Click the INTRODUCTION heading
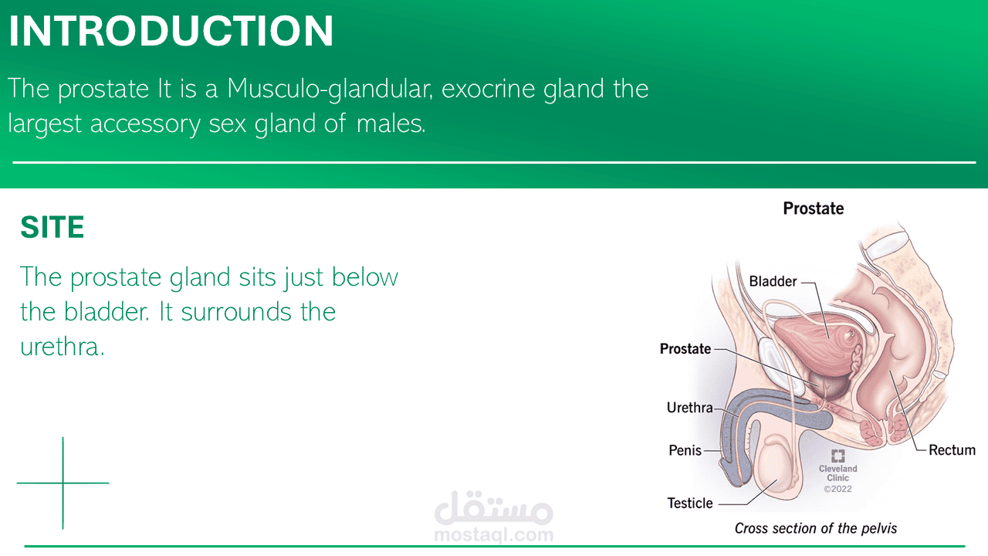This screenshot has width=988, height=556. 171,31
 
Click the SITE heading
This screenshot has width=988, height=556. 52,227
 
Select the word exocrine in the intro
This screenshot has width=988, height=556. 488,89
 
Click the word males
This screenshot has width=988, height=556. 391,124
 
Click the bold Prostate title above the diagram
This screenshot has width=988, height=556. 814,208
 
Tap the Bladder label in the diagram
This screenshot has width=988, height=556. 773,281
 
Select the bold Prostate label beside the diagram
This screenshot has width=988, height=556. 685,348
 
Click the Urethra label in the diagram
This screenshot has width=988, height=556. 689,407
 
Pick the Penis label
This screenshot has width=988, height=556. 685,450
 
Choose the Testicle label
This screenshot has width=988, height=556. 690,503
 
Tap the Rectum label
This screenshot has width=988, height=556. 952,450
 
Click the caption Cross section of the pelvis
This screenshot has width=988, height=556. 816,528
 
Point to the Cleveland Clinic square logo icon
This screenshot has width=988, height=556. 837,456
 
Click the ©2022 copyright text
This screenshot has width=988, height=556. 837,489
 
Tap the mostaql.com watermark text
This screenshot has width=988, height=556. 493,535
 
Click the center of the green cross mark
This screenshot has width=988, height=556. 63,483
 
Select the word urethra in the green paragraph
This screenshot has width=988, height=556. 62,347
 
